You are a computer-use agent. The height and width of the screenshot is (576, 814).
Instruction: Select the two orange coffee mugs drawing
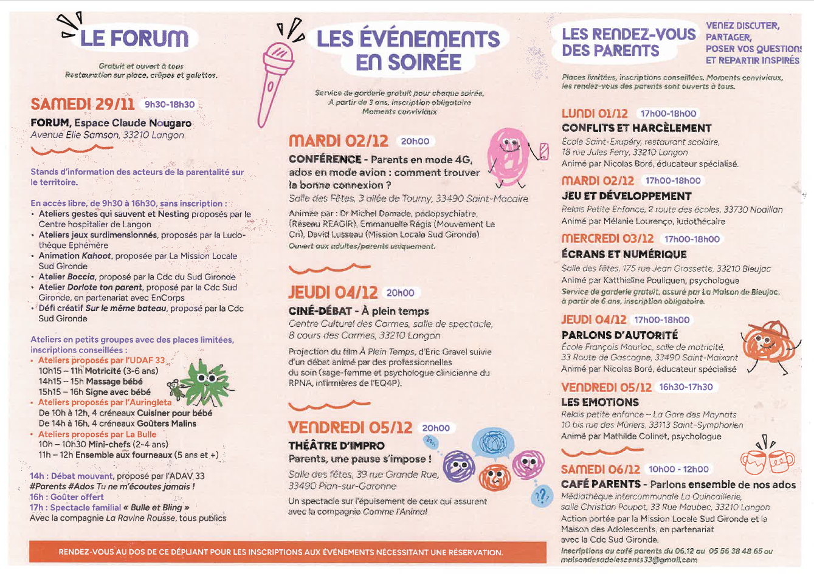coord(767,462)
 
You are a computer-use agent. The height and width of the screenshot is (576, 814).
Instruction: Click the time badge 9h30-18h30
coord(170,105)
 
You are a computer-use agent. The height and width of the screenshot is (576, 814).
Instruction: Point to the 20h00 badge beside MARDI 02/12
coord(415,141)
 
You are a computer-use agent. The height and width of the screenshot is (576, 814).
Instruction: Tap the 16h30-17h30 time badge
coord(686,387)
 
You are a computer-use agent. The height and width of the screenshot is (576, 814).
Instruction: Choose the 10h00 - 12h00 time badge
coord(678,469)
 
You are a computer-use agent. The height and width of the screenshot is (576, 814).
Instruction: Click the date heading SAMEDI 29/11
coord(83,105)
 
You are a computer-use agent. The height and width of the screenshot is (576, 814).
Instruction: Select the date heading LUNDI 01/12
coord(595,114)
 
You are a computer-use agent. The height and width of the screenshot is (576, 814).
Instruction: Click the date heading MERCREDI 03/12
coord(607,239)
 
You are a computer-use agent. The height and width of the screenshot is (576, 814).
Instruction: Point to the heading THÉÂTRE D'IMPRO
coord(336,445)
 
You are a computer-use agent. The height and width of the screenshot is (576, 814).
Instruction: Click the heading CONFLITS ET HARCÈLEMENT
coord(636,128)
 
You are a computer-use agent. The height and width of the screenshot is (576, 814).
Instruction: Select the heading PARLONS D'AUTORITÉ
coord(619,335)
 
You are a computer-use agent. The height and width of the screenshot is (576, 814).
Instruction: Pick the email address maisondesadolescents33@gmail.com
coord(629,560)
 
